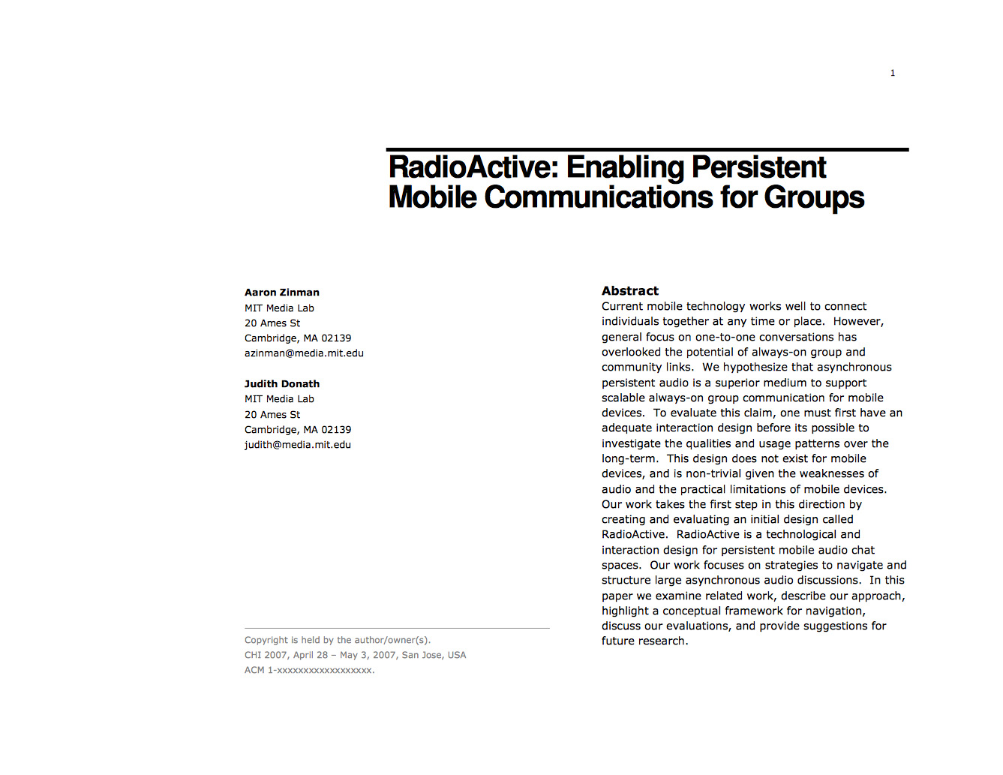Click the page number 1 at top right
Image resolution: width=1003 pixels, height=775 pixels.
click(893, 73)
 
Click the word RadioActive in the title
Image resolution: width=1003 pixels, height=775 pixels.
click(473, 167)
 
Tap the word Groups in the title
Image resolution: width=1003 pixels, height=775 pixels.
click(814, 197)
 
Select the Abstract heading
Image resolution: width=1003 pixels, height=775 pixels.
click(629, 291)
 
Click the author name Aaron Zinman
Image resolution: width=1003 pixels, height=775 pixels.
click(282, 293)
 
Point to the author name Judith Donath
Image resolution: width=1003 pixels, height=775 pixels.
click(282, 384)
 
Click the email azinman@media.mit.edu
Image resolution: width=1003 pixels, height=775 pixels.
click(304, 353)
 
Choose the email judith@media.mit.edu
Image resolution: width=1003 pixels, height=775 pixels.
click(298, 445)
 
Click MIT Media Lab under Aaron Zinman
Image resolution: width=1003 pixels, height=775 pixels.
click(279, 308)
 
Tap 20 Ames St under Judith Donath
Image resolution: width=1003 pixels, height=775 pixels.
click(272, 415)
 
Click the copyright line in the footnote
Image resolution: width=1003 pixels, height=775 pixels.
click(338, 640)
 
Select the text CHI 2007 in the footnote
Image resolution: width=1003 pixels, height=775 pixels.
click(266, 655)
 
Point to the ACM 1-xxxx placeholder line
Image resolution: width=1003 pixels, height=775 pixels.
click(309, 670)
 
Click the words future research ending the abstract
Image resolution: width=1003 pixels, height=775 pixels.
click(644, 641)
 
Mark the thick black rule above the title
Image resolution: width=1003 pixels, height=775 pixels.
click(647, 150)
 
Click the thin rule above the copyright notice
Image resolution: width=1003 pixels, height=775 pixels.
click(397, 628)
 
